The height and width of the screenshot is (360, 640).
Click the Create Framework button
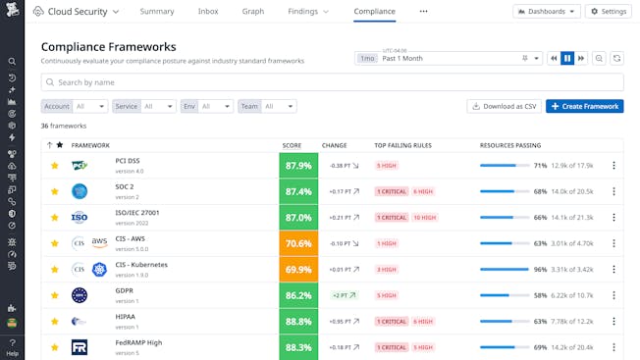click(x=584, y=106)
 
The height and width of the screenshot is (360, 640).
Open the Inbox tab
click(x=208, y=12)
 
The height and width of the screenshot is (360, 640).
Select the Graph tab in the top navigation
click(x=253, y=12)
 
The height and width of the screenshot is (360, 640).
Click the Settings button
click(x=609, y=12)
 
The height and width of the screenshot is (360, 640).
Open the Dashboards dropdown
click(x=546, y=12)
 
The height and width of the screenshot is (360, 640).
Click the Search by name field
click(x=332, y=82)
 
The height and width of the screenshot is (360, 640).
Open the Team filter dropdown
click(x=267, y=106)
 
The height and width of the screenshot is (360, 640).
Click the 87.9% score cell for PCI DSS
click(x=297, y=166)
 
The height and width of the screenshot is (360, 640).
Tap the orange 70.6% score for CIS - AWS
click(x=297, y=243)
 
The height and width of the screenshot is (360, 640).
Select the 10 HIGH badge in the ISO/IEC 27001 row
click(x=425, y=218)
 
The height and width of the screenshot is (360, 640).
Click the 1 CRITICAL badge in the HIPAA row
click(x=392, y=321)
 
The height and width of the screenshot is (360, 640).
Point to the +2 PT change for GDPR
click(x=344, y=295)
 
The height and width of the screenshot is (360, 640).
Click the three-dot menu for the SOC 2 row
click(x=613, y=191)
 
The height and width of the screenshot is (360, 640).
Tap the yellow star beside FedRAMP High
click(x=55, y=347)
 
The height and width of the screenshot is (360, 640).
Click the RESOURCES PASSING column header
click(x=509, y=145)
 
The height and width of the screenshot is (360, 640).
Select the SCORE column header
click(x=292, y=145)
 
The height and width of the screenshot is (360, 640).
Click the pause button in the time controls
click(x=567, y=59)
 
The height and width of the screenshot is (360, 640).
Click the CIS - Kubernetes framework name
click(x=141, y=265)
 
